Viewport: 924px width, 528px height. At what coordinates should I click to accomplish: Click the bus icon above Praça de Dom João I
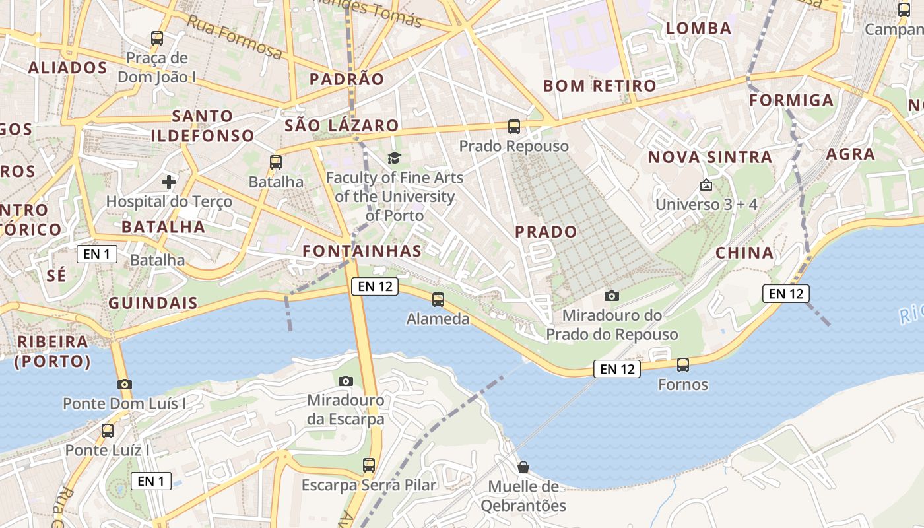click(x=157, y=38)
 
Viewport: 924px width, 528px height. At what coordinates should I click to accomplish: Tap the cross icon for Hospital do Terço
click(x=169, y=181)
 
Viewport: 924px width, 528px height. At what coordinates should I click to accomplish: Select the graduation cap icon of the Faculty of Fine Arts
click(x=394, y=158)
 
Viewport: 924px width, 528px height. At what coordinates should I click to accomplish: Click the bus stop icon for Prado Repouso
click(x=513, y=126)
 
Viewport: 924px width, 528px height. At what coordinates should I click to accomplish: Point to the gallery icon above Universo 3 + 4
click(x=706, y=185)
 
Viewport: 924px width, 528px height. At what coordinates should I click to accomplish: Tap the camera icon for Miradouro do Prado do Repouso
click(x=612, y=296)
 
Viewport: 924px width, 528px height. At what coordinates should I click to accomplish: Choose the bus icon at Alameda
click(x=438, y=300)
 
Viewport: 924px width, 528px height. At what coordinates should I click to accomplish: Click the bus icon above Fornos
click(x=683, y=364)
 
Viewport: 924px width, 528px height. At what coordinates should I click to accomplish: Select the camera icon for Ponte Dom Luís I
click(x=124, y=384)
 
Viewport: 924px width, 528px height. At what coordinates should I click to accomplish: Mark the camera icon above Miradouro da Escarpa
click(x=345, y=381)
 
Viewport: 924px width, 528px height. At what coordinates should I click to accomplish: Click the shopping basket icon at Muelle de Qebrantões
click(x=523, y=467)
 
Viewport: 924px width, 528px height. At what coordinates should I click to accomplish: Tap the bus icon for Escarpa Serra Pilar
click(x=369, y=465)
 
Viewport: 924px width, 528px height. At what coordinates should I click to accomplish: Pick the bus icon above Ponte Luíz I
click(x=107, y=431)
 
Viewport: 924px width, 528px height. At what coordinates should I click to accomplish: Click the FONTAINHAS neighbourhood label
click(x=362, y=251)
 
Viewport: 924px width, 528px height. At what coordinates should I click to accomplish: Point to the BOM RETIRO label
click(x=599, y=86)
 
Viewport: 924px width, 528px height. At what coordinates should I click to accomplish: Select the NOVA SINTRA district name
click(x=709, y=157)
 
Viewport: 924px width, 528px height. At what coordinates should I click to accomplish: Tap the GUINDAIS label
click(x=152, y=303)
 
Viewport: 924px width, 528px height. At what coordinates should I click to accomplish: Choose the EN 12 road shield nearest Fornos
click(x=617, y=369)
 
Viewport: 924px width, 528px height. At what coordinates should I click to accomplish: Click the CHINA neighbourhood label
click(x=744, y=253)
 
